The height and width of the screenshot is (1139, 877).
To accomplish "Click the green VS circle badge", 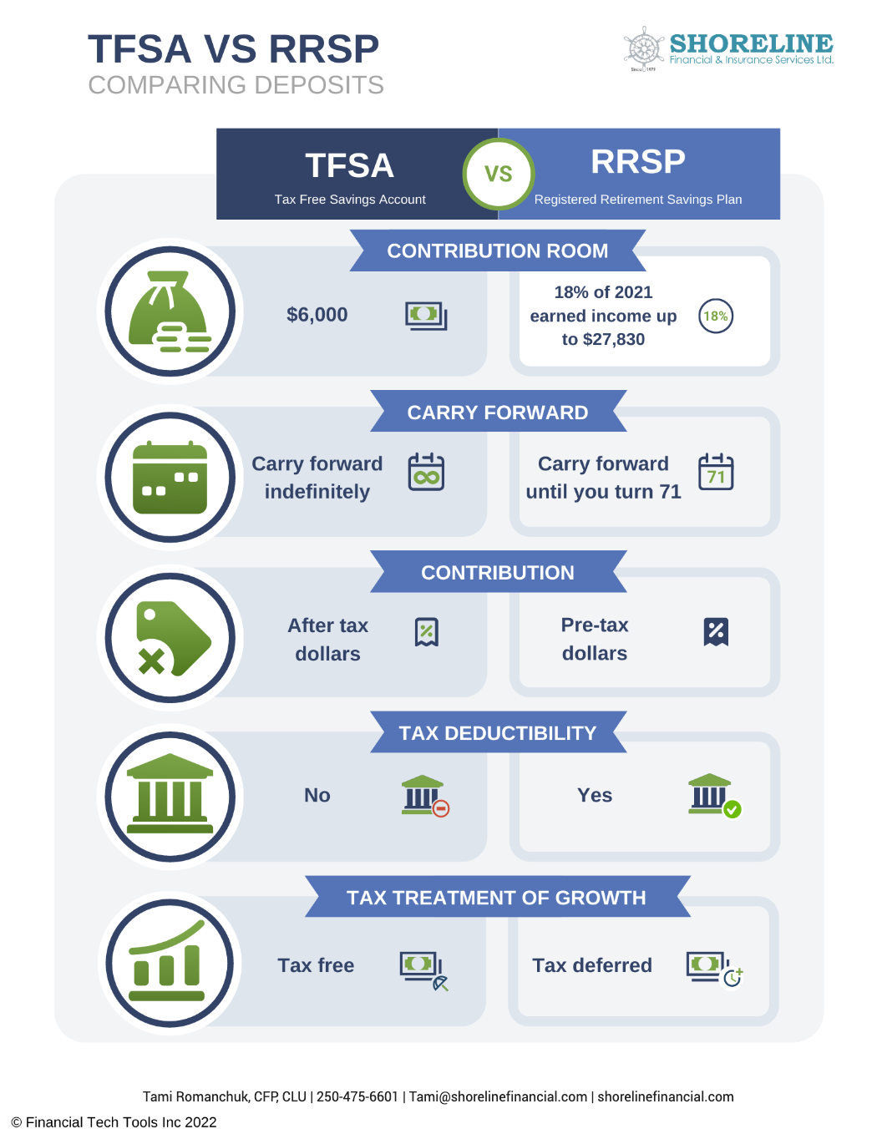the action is point(498,174).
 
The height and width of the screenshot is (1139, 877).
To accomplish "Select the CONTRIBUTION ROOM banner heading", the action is point(497,251).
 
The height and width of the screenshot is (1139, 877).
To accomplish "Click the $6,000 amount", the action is point(317,315).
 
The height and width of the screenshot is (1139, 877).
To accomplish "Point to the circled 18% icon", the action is point(715,316).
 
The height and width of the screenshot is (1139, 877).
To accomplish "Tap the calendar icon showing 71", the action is point(715,472).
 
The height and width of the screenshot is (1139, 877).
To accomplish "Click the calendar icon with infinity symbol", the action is point(426,472).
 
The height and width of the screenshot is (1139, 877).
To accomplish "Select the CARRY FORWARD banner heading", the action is point(498,412).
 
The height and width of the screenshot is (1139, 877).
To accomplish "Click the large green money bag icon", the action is point(170,311).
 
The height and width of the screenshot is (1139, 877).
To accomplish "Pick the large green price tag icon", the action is point(172,638).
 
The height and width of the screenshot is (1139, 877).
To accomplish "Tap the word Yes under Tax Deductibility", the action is point(594,795).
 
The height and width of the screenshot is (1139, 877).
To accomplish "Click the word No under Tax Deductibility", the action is point(317,795).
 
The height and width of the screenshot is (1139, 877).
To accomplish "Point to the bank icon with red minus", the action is point(425,795).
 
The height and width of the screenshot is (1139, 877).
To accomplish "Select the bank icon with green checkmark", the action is point(714,795).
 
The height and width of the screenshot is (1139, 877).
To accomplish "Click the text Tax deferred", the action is point(592,964).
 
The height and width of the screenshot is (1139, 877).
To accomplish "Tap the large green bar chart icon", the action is point(168,961).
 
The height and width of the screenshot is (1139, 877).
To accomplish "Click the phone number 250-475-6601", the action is point(357,1096).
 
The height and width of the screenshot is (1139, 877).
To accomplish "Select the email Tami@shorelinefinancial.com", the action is point(498,1096).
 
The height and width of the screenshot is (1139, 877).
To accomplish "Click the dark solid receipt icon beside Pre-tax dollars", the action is point(716,631).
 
